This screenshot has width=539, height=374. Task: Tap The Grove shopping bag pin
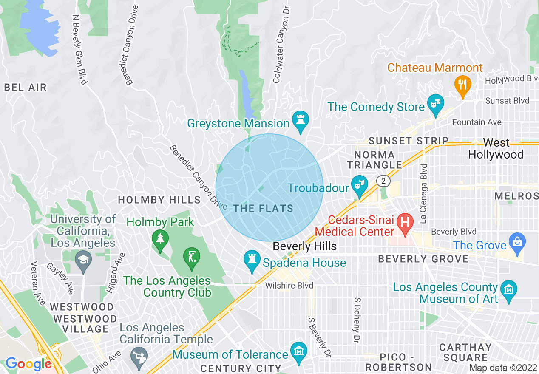(x=517, y=242)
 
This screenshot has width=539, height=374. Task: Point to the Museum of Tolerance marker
(x=299, y=351)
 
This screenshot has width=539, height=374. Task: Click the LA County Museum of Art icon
(x=508, y=290)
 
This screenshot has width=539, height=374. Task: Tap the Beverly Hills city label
(x=304, y=246)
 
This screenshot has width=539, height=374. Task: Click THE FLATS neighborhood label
(x=264, y=208)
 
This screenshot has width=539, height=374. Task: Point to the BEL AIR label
(x=25, y=88)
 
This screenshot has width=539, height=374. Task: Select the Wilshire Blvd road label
(x=289, y=286)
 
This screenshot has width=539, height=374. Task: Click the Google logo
(x=28, y=364)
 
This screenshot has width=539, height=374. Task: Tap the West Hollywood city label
(x=496, y=149)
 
